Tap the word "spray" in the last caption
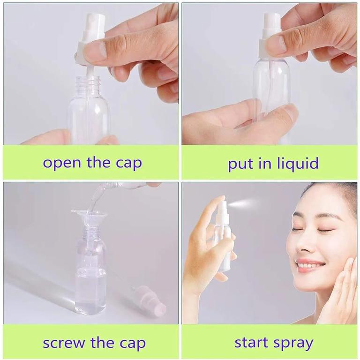tap(294, 344)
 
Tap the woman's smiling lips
tap(310, 264)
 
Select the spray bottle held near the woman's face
tap(223, 234)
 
